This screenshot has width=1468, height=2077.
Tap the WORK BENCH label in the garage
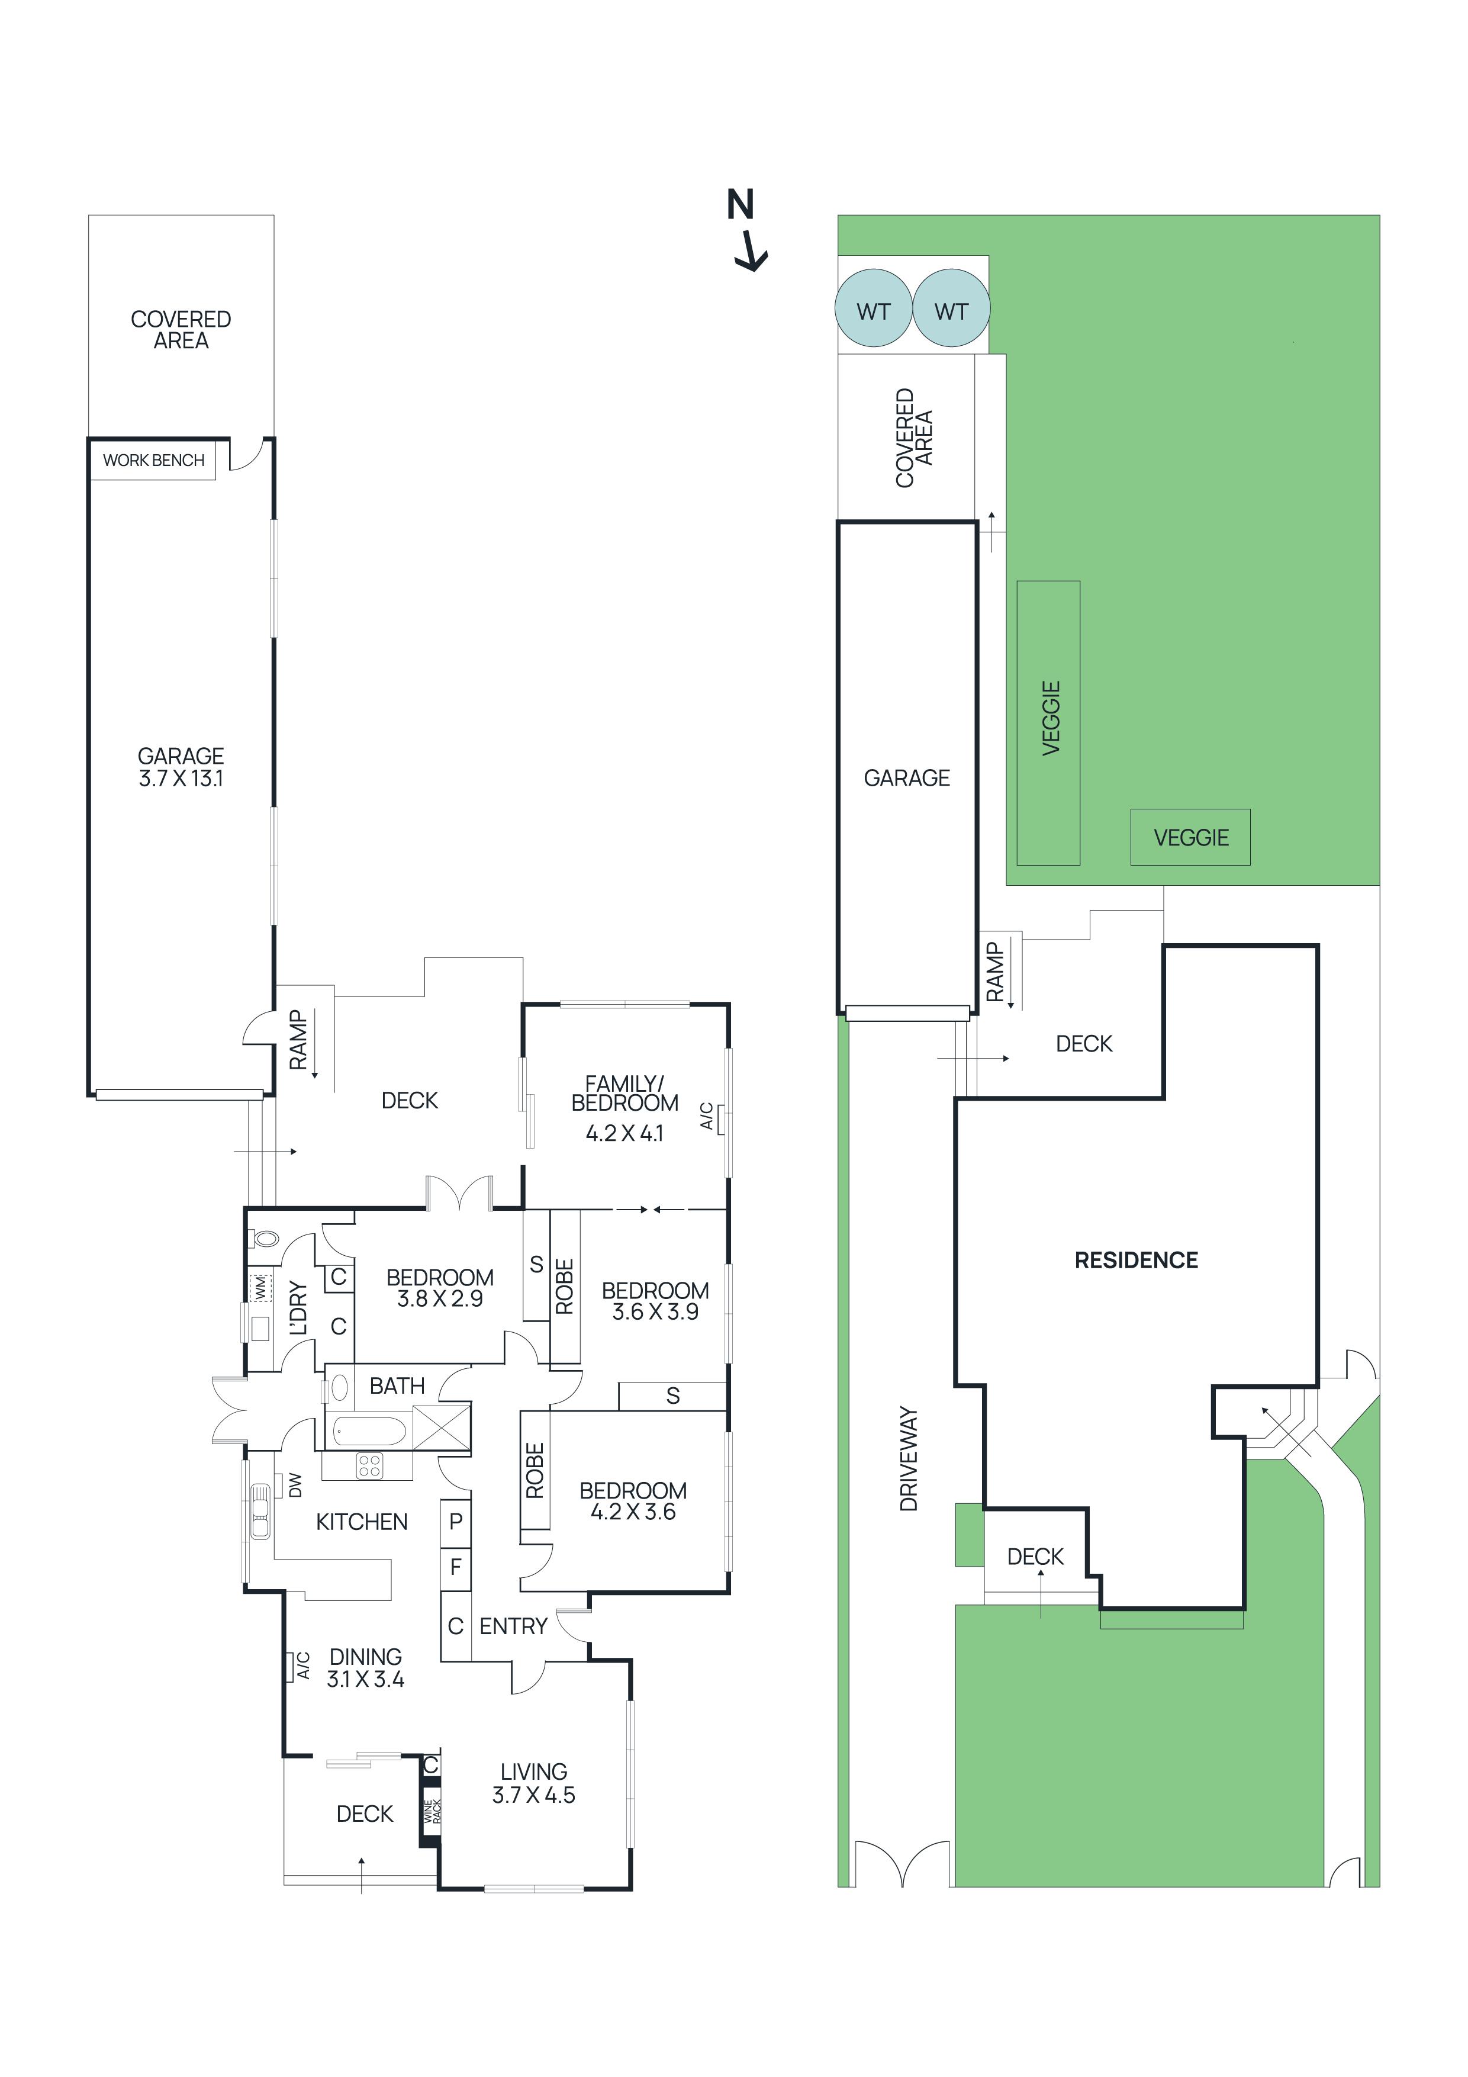[x=154, y=461]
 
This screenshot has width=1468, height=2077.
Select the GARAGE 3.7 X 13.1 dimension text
[x=181, y=767]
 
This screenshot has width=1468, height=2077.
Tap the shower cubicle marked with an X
[x=442, y=1429]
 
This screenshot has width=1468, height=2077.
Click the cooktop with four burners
[x=369, y=1465]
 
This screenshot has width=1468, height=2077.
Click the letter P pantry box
[x=456, y=1522]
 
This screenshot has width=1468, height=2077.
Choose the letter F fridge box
[x=456, y=1566]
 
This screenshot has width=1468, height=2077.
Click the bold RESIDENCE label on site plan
[x=1135, y=1260]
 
